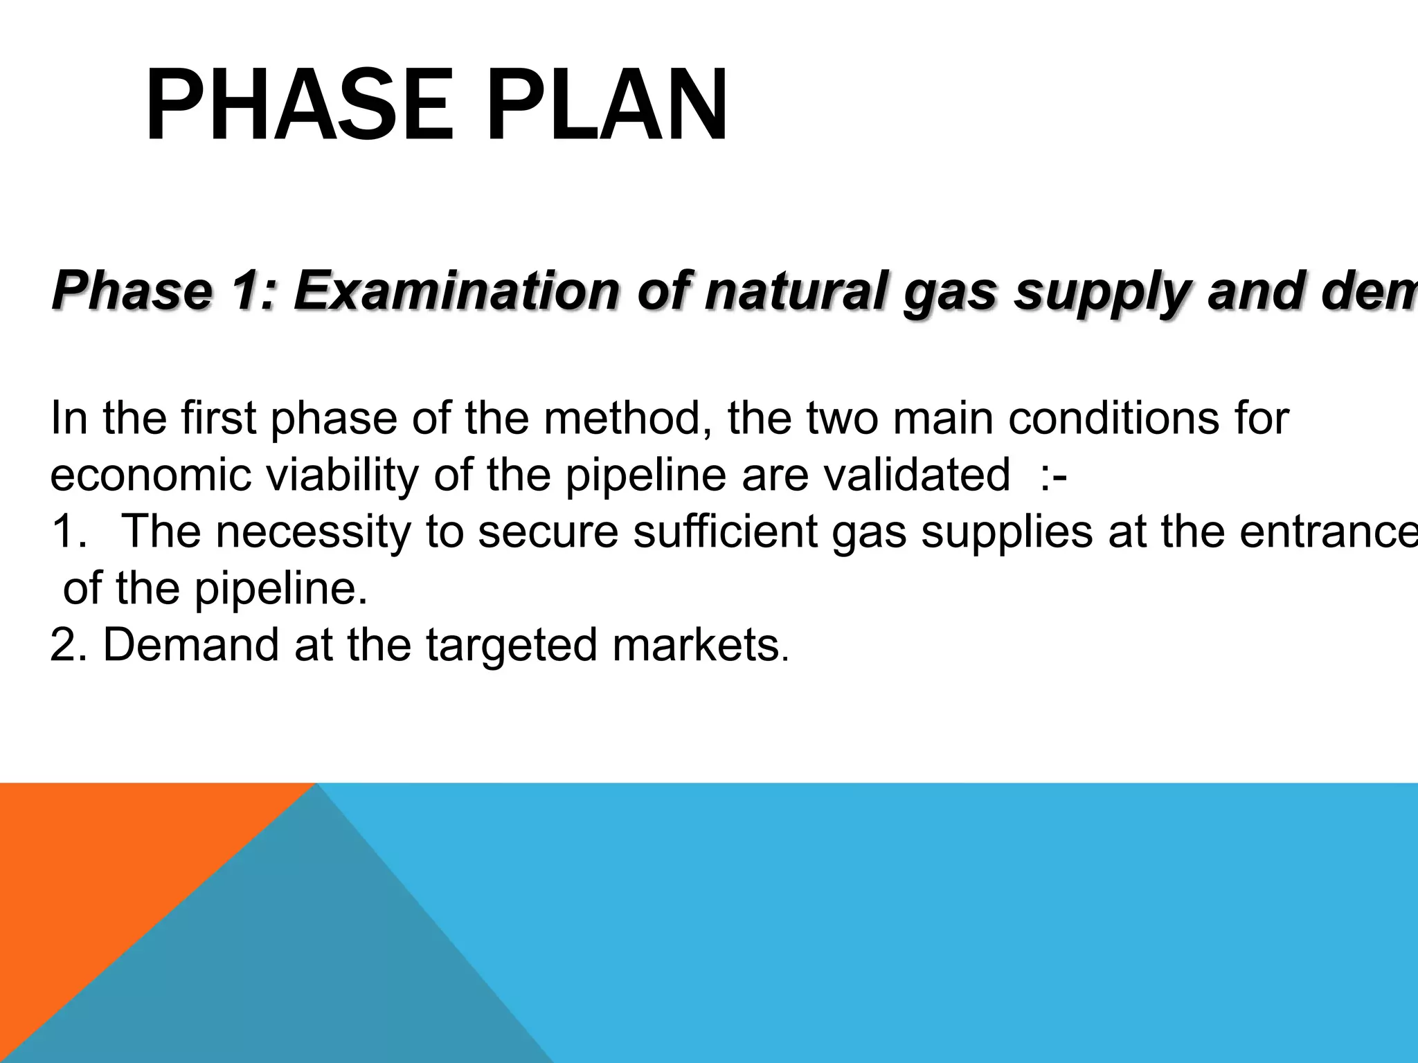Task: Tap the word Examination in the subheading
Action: click(x=456, y=291)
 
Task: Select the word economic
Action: click(x=150, y=476)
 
